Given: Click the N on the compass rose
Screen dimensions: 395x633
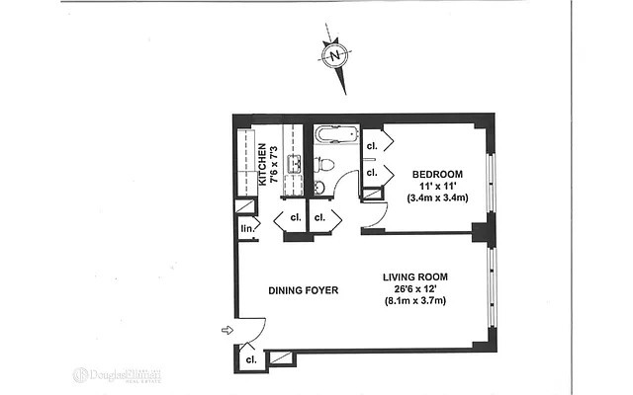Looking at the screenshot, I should click(335, 55).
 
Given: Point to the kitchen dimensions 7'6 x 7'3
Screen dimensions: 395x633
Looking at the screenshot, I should click(274, 162).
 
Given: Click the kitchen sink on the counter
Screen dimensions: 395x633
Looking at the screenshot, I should click(294, 163).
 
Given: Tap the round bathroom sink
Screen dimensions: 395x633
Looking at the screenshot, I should click(319, 187).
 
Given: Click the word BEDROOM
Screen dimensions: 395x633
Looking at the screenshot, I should click(438, 175).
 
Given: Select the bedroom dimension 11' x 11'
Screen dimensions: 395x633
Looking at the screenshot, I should click(438, 187).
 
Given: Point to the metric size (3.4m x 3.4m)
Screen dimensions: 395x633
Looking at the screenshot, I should click(438, 198).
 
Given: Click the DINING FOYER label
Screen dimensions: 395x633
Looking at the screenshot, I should click(303, 290).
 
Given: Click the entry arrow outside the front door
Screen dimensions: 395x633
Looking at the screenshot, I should click(226, 330).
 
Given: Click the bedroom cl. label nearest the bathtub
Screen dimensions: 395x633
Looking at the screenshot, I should click(372, 146).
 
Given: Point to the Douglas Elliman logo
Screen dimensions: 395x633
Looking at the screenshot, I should click(117, 375).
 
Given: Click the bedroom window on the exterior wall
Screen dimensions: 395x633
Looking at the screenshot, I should click(492, 177).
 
